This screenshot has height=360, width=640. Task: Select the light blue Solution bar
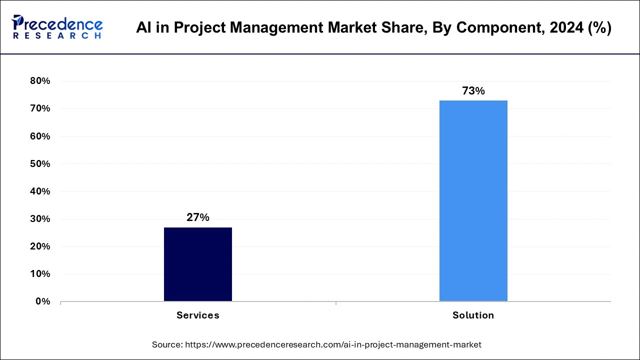click(473, 200)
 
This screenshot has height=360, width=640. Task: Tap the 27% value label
click(198, 217)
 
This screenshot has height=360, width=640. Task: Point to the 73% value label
click(473, 91)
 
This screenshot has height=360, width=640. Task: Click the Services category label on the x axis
click(198, 315)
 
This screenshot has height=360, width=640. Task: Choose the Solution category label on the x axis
click(473, 315)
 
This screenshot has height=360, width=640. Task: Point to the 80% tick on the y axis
click(40, 81)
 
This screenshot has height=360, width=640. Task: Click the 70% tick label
click(40, 108)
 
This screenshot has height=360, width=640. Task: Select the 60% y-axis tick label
click(40, 136)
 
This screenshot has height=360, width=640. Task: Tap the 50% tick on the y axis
click(40, 163)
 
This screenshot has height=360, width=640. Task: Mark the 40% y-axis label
click(40, 191)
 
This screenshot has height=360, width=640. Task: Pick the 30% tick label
click(40, 219)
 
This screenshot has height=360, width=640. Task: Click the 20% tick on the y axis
click(40, 246)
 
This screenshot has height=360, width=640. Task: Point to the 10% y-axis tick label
click(40, 274)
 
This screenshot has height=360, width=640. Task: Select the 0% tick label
click(42, 301)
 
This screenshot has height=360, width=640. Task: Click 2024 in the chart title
click(565, 28)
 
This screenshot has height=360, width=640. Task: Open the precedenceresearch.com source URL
click(333, 344)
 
